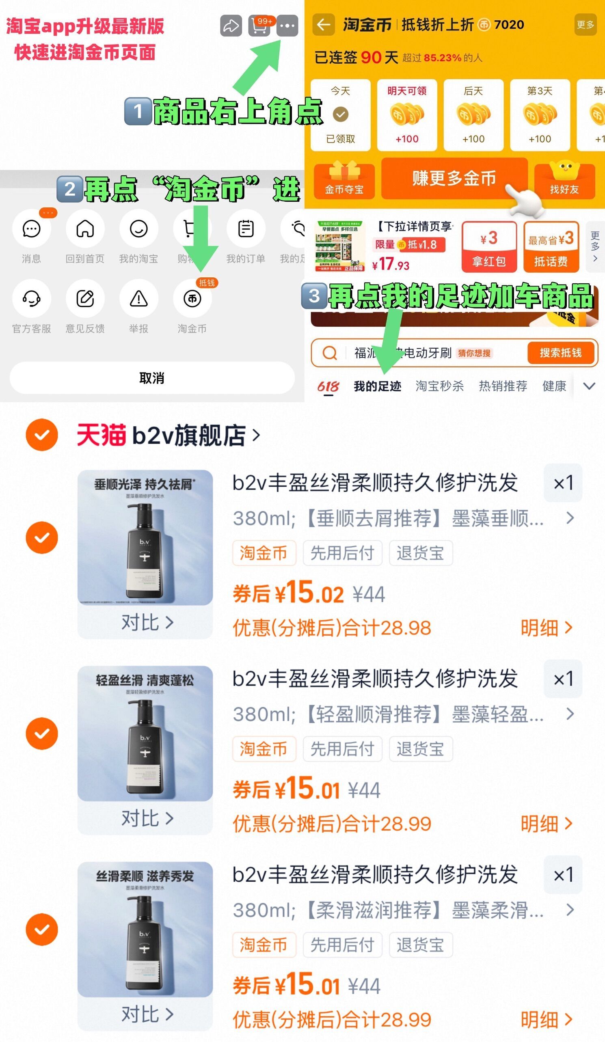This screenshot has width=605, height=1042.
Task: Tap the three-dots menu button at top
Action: click(x=287, y=26)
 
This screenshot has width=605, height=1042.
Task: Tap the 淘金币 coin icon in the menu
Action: click(x=192, y=298)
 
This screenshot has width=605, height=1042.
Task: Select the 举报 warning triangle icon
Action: click(x=138, y=298)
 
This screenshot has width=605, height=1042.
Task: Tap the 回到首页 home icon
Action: click(x=85, y=229)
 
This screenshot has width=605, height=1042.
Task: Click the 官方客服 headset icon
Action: click(x=31, y=298)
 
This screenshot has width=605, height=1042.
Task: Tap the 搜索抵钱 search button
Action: click(x=560, y=353)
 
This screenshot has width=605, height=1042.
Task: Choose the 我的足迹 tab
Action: click(x=377, y=386)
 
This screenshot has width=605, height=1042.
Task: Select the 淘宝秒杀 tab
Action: click(x=439, y=386)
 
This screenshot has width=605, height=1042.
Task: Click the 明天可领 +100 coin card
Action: click(x=407, y=115)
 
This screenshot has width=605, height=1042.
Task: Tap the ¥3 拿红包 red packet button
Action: click(x=489, y=247)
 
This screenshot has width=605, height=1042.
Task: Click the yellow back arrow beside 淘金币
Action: click(x=323, y=25)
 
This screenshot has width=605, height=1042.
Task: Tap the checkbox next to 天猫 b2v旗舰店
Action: click(x=42, y=435)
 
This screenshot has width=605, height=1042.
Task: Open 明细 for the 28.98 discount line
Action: click(x=546, y=628)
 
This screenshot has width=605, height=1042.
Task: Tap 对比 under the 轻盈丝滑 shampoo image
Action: click(x=147, y=818)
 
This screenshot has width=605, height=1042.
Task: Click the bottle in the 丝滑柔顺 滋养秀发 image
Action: click(x=145, y=945)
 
